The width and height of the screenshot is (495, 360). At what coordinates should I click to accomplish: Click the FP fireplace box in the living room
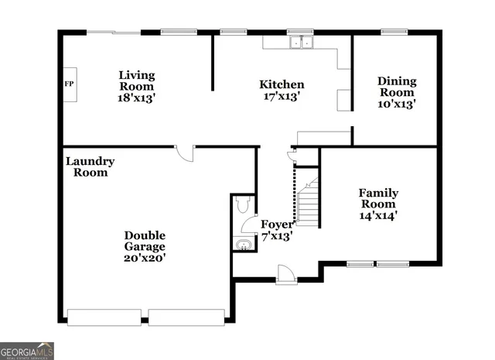coord(69,84)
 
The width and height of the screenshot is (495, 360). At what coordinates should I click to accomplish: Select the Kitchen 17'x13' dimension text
coord(281,97)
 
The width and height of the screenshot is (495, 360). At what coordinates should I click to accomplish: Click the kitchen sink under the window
coord(301,43)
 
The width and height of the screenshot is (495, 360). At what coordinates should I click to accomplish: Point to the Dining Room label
coord(397,87)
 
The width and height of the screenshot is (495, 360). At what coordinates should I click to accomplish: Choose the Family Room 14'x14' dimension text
coord(378,215)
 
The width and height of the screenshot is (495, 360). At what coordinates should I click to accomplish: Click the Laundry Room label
coord(90,166)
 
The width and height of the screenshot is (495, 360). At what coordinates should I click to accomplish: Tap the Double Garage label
coord(145,241)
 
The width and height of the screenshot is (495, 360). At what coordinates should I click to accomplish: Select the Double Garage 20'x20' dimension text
coord(145,259)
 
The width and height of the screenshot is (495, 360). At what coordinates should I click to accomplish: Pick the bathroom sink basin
coord(241,245)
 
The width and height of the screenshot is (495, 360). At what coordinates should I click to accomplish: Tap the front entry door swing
coord(285,272)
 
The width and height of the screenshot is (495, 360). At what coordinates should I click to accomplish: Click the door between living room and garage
coord(185,153)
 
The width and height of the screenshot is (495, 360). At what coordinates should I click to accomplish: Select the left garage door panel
coord(104,317)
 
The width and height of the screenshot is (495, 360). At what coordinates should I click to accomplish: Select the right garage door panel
coord(186,317)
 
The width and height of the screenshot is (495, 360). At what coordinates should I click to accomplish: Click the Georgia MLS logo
coord(27,350)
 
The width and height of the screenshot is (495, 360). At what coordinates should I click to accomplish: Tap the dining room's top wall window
coord(394,32)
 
